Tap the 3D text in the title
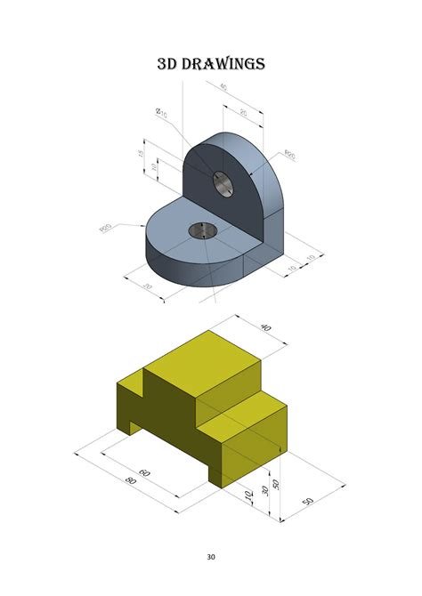[169, 64]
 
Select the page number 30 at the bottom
[211, 558]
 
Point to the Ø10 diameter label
[162, 113]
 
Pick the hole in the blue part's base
[203, 231]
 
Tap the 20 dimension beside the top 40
[244, 112]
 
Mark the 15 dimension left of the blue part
[141, 153]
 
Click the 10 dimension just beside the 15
[154, 166]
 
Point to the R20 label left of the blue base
[106, 230]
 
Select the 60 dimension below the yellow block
[145, 473]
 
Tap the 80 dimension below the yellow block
[132, 481]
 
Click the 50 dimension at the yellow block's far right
[308, 502]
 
